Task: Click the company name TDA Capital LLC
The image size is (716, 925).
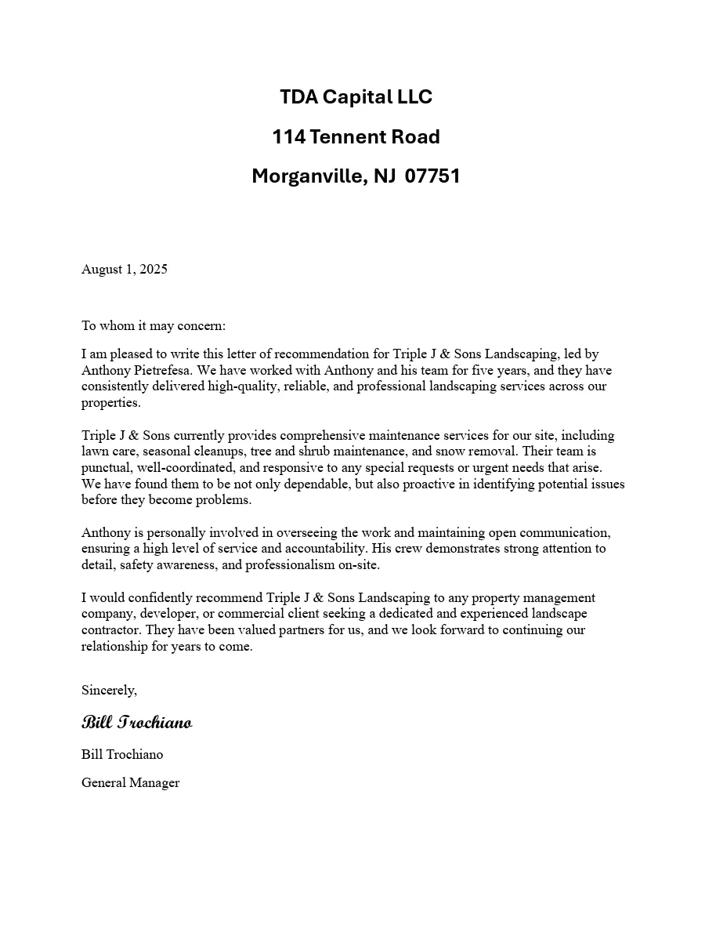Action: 356,97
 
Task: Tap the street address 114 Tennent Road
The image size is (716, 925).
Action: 356,137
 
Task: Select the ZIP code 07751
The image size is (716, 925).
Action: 432,176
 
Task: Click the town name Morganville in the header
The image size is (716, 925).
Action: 307,176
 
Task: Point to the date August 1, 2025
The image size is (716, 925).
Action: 125,270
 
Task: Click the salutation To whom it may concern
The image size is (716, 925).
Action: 154,326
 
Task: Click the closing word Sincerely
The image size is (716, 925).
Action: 109,691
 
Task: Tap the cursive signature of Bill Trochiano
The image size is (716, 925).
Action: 137,722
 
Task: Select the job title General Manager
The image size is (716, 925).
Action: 131,783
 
